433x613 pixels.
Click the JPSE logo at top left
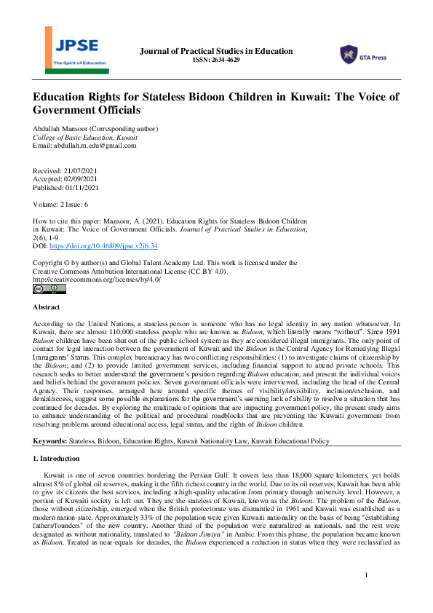pos(74,55)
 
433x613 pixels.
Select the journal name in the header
pos(215,51)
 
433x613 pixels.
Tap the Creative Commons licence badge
pos(49,289)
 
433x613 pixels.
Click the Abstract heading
pos(47,308)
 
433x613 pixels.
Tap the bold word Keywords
pos(50,441)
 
